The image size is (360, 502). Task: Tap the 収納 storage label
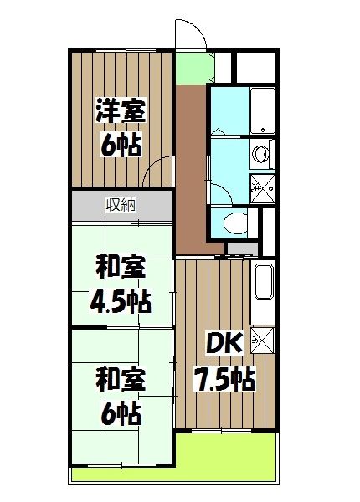click(x=121, y=203)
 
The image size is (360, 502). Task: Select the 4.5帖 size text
click(x=121, y=299)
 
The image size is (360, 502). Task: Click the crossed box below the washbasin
click(x=262, y=188)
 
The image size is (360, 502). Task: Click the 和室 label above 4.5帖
click(x=121, y=269)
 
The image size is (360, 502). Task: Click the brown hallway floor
click(x=190, y=167)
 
